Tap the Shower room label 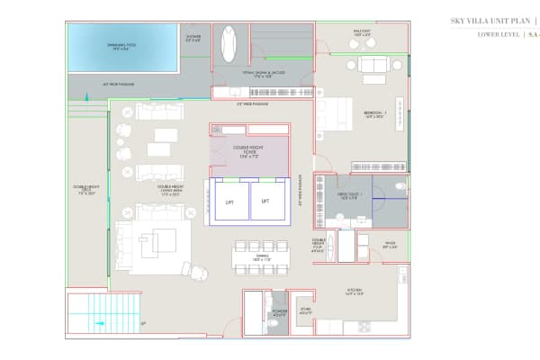(193, 39)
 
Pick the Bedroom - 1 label (373, 115)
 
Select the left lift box (229, 202)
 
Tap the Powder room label (279, 314)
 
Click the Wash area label (391, 244)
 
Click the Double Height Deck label (86, 190)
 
